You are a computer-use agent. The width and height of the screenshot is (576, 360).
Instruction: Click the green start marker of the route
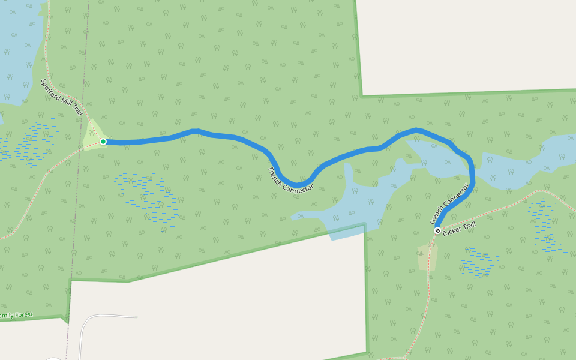click(103, 142)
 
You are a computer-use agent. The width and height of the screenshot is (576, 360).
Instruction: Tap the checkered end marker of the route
click(437, 230)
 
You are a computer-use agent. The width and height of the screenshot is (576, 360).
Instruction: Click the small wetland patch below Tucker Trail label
click(479, 263)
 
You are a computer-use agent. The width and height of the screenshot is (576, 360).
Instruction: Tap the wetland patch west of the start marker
click(30, 143)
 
